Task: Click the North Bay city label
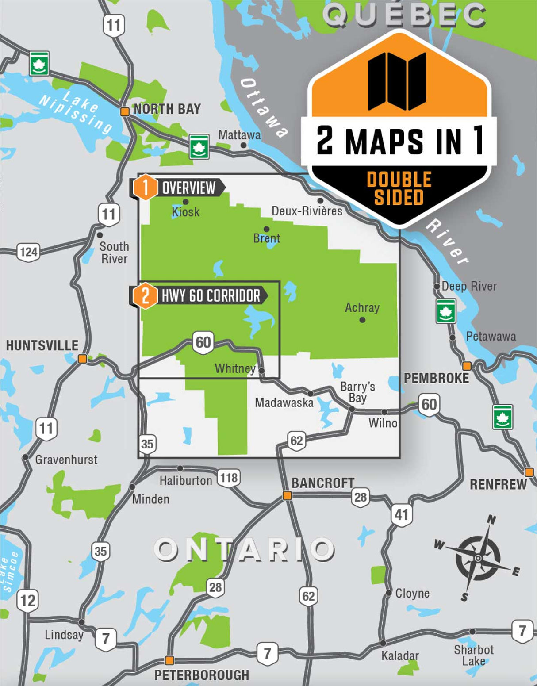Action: tap(167, 109)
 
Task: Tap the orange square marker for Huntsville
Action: tap(82, 359)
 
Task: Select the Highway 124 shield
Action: tap(29, 252)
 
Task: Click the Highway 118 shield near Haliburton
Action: tap(229, 478)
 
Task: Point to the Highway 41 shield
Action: tap(401, 515)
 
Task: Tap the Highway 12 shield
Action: tap(27, 601)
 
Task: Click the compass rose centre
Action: tap(478, 558)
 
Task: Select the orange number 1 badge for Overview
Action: tap(145, 188)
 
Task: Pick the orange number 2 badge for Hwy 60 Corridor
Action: tap(145, 295)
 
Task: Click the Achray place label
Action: tap(362, 307)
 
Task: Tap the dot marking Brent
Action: tap(267, 229)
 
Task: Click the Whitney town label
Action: tap(235, 368)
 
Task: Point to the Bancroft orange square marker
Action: tap(287, 496)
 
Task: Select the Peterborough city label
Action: tap(202, 675)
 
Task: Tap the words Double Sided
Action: tap(399, 188)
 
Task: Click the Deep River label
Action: tap(469, 286)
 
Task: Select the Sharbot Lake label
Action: tap(474, 655)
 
